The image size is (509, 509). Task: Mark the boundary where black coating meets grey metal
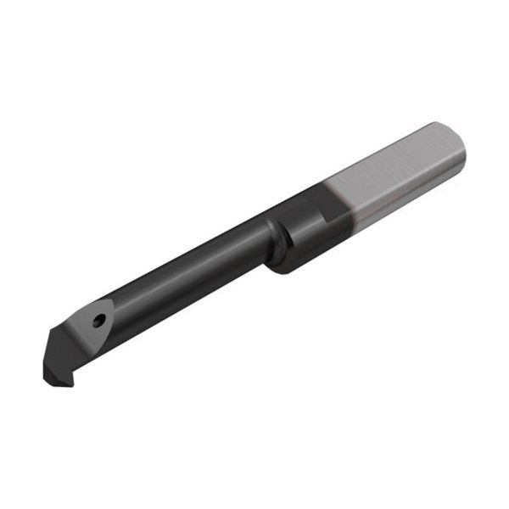(x=339, y=204)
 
